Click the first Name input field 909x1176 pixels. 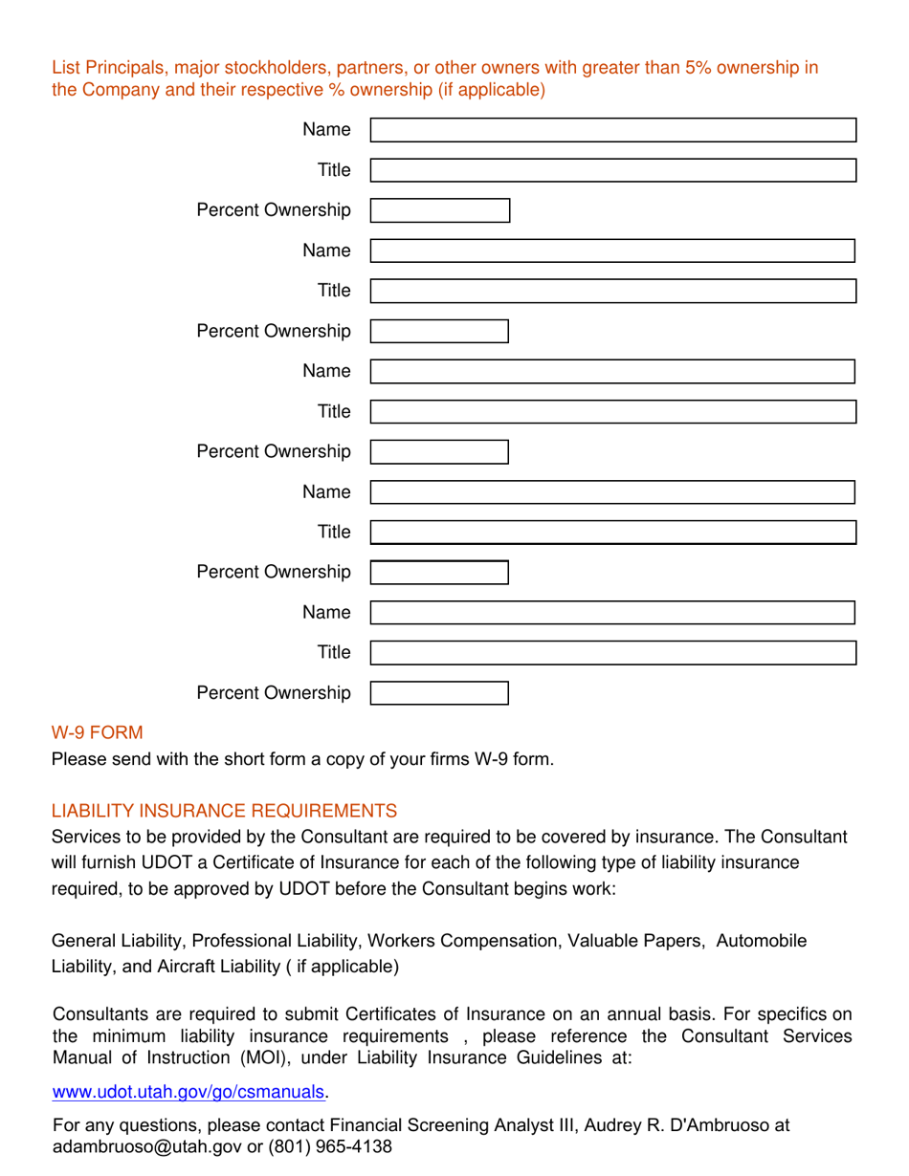point(612,131)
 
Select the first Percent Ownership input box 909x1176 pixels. point(439,210)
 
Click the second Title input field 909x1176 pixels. point(612,292)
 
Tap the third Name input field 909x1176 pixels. point(612,372)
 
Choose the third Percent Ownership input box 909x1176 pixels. point(439,451)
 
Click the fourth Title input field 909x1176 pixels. point(612,533)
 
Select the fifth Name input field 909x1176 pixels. point(612,613)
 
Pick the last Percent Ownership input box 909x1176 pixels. point(439,692)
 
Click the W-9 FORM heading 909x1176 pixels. point(97,733)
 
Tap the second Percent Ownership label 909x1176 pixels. point(273,331)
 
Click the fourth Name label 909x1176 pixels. point(327,491)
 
